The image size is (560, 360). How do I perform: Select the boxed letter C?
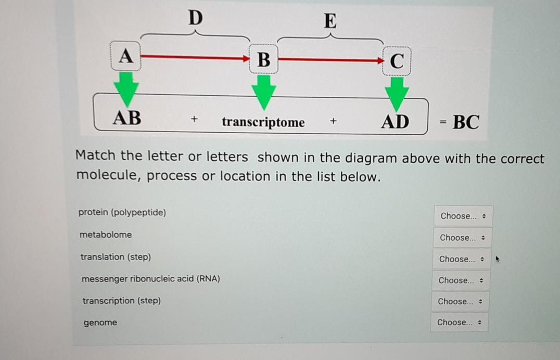(397, 61)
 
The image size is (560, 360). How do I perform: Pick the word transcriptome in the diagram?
(263, 122)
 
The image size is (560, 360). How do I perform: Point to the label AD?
(396, 122)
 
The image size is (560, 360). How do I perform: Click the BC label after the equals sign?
(466, 122)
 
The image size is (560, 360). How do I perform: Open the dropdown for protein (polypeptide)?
(463, 216)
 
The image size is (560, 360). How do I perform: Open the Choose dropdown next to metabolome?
(462, 238)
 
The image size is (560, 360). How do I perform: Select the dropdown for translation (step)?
(462, 259)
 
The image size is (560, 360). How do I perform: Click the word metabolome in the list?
(106, 235)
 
